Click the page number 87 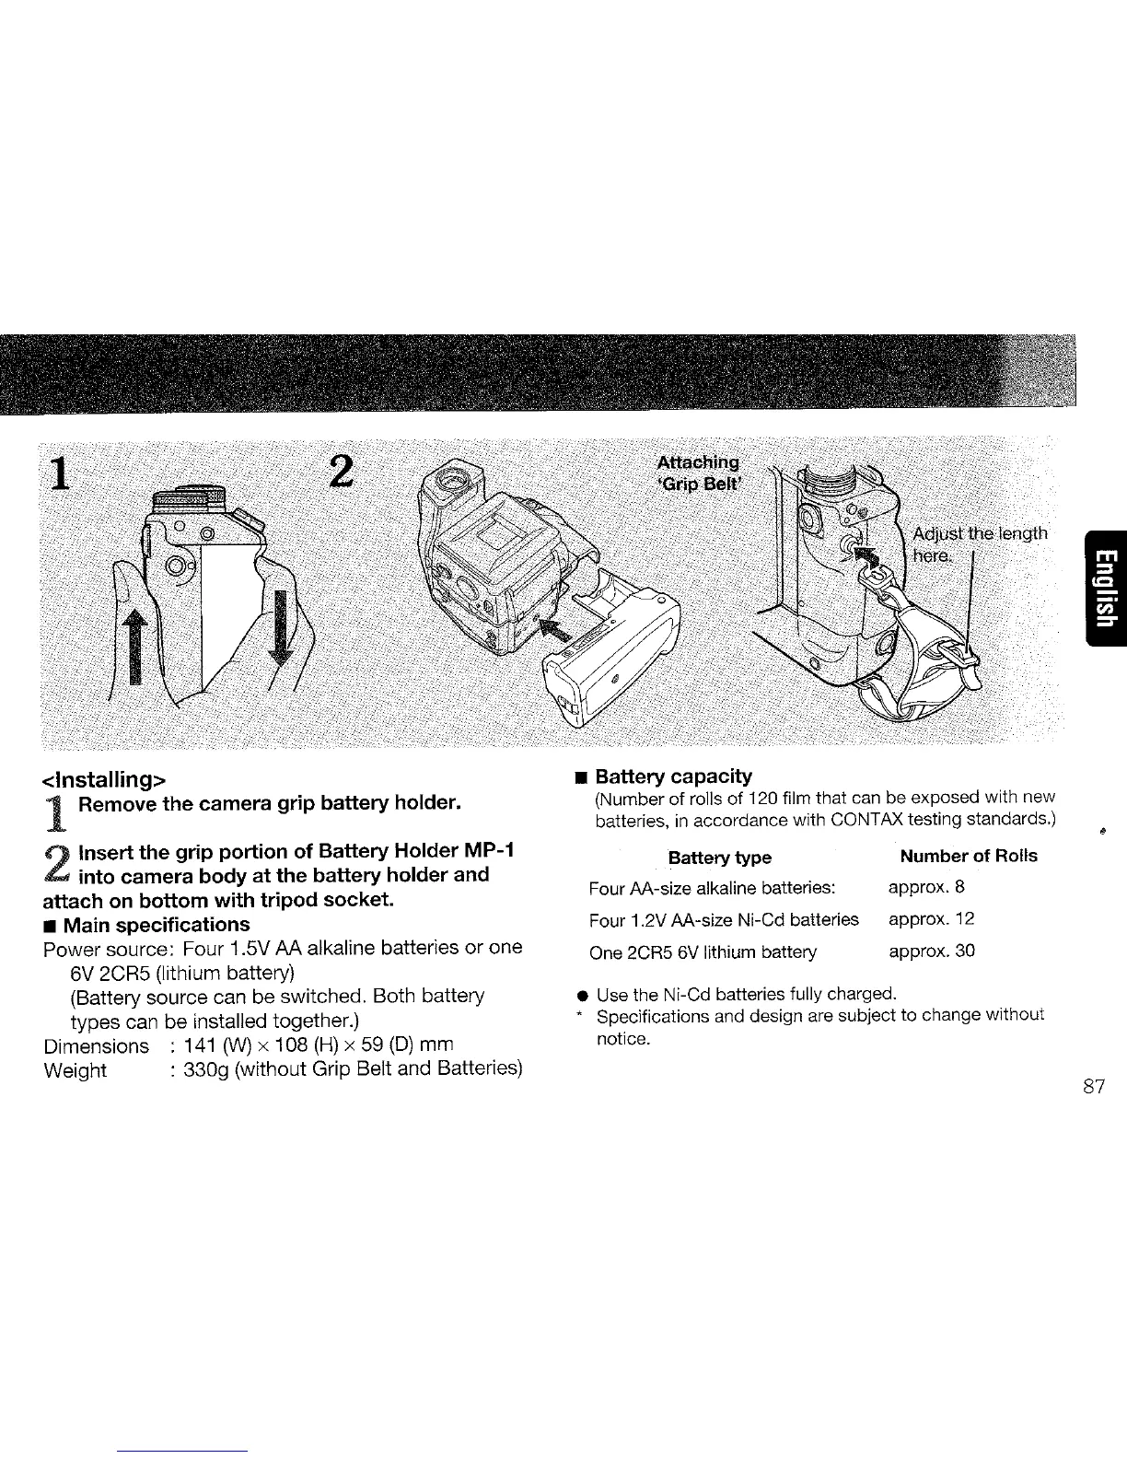point(1093,1086)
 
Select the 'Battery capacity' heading point(673,776)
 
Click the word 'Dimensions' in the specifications point(96,1045)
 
